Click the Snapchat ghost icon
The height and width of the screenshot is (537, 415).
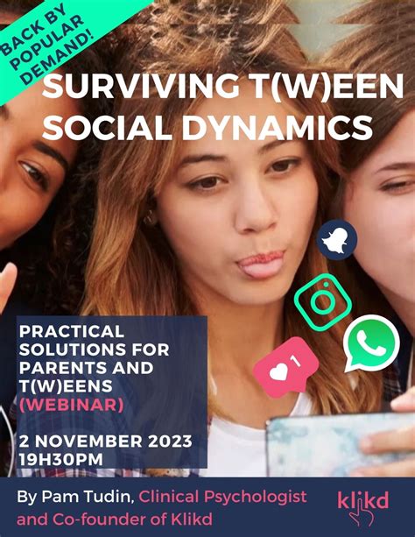(336, 239)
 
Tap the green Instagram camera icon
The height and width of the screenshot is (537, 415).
(323, 302)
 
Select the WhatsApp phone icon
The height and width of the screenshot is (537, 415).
(371, 343)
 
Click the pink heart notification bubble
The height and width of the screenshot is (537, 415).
(286, 366)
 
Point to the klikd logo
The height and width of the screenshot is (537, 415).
(363, 507)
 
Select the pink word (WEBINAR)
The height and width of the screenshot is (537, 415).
(71, 405)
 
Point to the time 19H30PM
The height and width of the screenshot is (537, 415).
(61, 459)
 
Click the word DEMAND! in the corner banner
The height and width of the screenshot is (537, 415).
(57, 59)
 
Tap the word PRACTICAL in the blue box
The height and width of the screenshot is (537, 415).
(72, 331)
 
